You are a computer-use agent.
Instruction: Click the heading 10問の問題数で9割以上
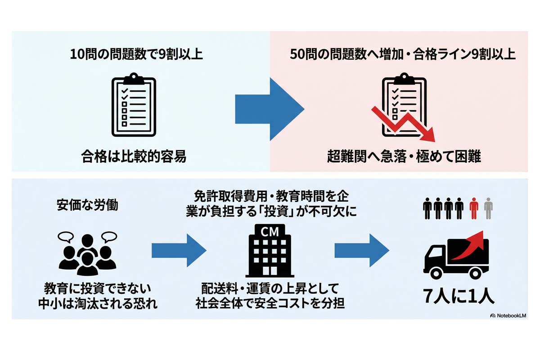tap(136, 54)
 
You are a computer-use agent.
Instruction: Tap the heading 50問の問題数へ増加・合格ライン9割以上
tap(403, 54)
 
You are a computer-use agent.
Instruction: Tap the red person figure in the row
tap(473, 208)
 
